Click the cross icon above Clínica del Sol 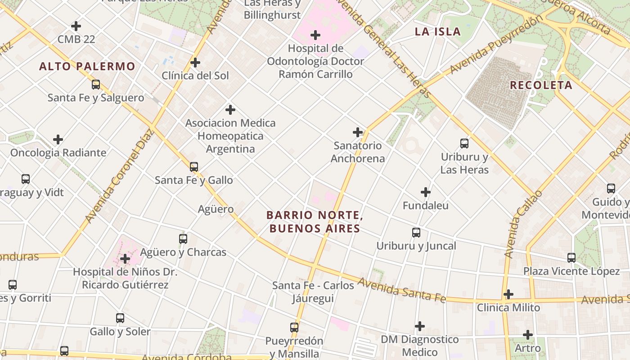coord(195,62)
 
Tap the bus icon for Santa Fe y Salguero coord(95,85)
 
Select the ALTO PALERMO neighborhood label coord(87,67)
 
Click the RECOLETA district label coord(541,85)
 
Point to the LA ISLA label coord(437,31)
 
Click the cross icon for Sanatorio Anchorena coord(358,132)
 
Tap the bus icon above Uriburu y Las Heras coord(464,144)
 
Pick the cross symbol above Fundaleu coord(425,193)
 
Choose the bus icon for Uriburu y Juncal coord(416,233)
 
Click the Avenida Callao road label coord(522,224)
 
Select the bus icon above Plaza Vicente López coord(571,258)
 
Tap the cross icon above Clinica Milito coord(508,294)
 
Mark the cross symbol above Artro coord(528,335)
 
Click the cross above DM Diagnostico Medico coord(420,326)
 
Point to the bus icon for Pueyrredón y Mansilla coord(294,328)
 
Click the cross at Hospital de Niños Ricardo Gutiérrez coord(125,259)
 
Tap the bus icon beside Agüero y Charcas coord(183,239)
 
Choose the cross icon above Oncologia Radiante coord(58,139)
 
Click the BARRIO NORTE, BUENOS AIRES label coord(315,222)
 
